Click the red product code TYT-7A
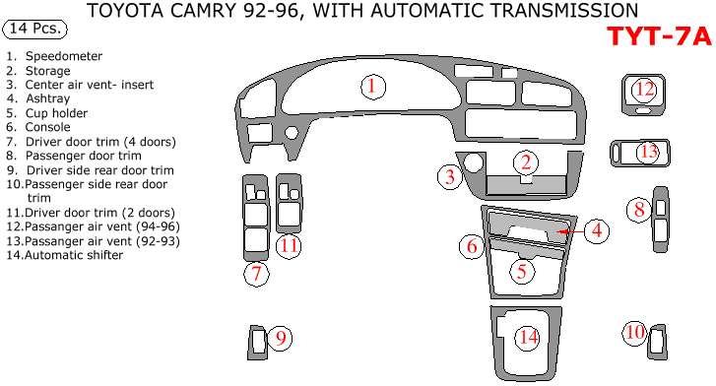pos(659,36)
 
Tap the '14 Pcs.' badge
pos(34,29)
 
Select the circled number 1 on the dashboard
pos(372,87)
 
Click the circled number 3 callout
pos(450,176)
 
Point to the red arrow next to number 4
pos(571,231)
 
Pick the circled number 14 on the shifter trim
pos(528,338)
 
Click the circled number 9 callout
pos(281,338)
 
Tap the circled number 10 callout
pos(634,332)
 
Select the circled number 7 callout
pos(256,274)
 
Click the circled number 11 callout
pos(289,246)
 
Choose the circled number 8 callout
pos(639,210)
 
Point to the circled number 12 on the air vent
pos(644,89)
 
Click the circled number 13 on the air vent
pos(648,152)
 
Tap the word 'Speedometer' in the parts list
pos(64,56)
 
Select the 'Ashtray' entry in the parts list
pos(48,98)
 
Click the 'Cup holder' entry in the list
pos(56,113)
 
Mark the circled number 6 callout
pos(472,246)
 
